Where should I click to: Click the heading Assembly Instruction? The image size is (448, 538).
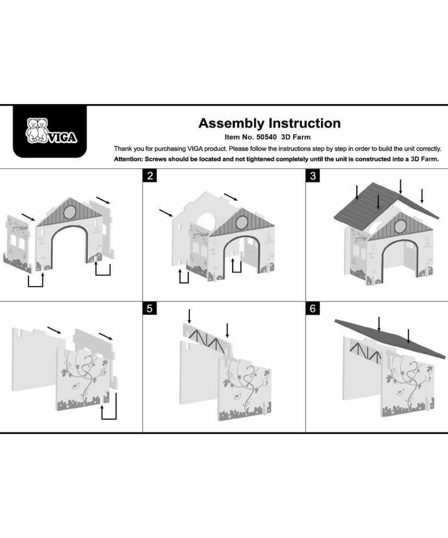pos(269,123)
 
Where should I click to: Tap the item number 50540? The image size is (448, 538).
pos(266,137)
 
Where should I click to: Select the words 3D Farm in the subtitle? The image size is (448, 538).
pos(296,137)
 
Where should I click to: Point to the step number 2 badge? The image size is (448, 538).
pos(150,176)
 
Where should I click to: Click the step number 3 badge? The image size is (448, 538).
pos(313,176)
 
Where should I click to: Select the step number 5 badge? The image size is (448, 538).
pos(150,308)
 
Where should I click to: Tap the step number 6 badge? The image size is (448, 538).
pos(313,308)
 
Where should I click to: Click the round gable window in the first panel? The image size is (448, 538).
pos(70,212)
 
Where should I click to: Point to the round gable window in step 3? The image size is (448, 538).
pos(400,226)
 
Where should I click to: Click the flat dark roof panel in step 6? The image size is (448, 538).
pos(390,339)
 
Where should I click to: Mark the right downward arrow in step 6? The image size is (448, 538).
pos(408,336)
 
